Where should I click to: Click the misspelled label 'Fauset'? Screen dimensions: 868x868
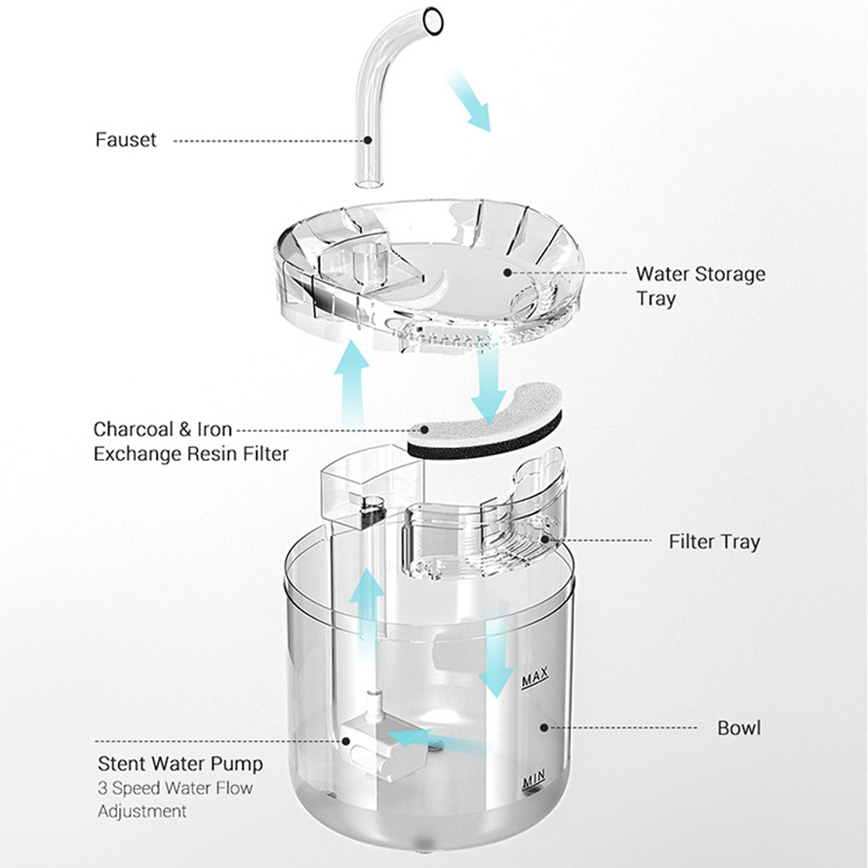click(x=126, y=139)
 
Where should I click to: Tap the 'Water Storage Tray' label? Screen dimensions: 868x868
click(x=700, y=286)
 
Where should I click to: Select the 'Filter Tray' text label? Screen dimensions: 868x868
click(x=713, y=542)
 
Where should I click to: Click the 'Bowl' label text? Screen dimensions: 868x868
click(x=739, y=727)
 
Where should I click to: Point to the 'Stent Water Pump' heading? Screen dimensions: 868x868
click(x=180, y=765)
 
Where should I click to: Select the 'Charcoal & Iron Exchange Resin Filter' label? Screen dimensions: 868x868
click(x=191, y=441)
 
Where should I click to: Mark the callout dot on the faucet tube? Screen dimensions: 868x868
click(x=368, y=139)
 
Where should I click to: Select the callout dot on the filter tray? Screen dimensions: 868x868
click(x=546, y=541)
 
